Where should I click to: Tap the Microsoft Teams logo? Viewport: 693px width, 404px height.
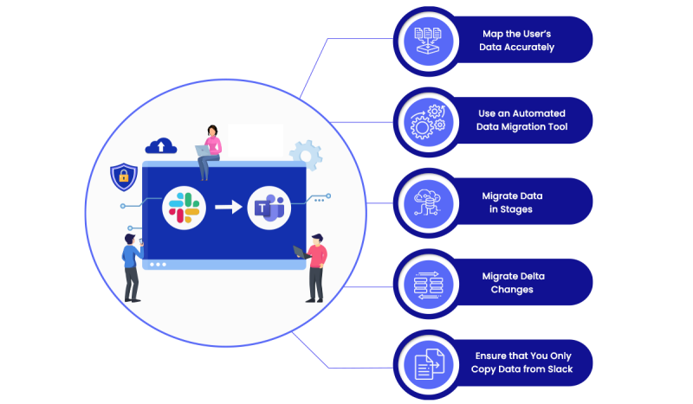coord(269,208)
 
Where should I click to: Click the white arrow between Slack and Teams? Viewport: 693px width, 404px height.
coord(228,208)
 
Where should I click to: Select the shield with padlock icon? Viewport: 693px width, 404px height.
coord(124,177)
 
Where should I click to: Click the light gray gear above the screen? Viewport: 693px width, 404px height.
coord(305,154)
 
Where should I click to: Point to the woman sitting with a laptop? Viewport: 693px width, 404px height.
coord(210,151)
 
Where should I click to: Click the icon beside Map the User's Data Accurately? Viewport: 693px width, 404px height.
coord(430,40)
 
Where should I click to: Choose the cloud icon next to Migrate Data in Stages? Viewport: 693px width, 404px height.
coord(430,202)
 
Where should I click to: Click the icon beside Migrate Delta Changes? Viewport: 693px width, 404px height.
coord(430,282)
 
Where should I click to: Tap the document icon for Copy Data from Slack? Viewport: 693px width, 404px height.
coord(430,362)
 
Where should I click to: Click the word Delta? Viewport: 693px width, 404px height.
coord(528,276)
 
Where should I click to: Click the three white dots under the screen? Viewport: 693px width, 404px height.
coord(158,264)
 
